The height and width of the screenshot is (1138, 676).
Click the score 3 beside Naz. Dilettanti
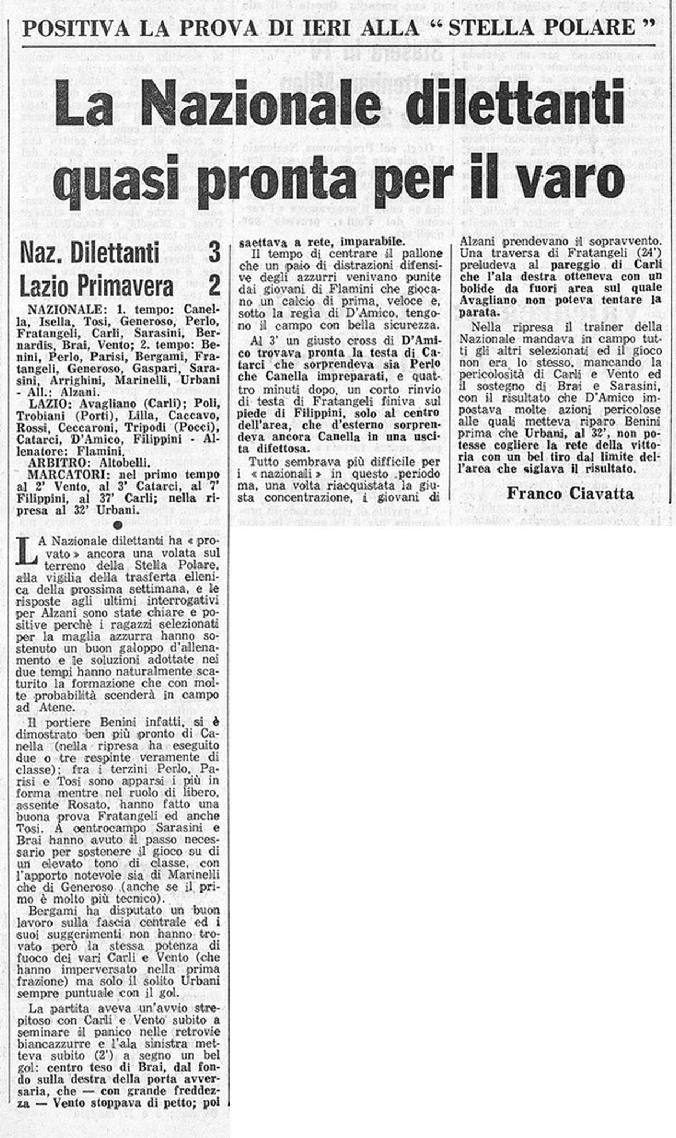tap(214, 252)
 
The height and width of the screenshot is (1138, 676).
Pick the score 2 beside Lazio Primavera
tap(214, 285)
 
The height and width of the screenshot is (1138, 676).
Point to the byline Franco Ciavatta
tap(570, 493)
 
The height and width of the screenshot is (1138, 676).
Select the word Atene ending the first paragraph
tap(56, 708)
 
